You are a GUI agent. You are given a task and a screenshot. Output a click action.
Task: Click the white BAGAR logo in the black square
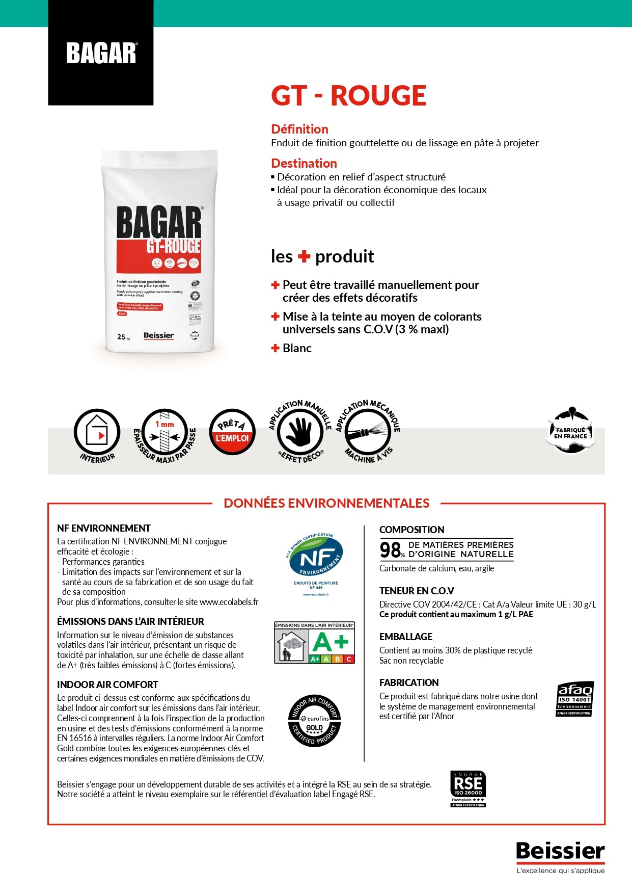101,53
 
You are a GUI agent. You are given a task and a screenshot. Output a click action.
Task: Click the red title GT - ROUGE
348,95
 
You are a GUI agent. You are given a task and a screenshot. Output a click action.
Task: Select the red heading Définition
299,129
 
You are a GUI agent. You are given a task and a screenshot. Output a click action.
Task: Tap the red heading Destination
304,163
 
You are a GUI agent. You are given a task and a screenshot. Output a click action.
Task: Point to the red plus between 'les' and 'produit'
304,256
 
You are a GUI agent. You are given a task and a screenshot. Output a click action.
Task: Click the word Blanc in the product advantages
297,348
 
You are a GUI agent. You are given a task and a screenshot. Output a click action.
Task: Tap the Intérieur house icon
97,432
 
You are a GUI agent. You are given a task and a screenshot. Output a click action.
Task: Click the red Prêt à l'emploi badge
232,432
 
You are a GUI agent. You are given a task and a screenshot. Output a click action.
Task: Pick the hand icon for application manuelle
300,431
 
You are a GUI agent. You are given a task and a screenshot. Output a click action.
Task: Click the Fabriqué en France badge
571,431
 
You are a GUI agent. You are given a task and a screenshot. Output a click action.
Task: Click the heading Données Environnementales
326,503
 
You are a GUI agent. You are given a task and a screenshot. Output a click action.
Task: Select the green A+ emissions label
314,642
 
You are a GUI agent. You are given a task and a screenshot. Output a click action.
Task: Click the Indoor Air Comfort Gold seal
314,720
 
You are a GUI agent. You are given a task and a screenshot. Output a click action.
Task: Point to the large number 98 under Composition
391,550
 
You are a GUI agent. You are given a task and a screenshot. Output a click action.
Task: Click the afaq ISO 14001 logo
574,698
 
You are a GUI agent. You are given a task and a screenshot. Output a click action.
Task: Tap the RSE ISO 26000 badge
468,788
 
